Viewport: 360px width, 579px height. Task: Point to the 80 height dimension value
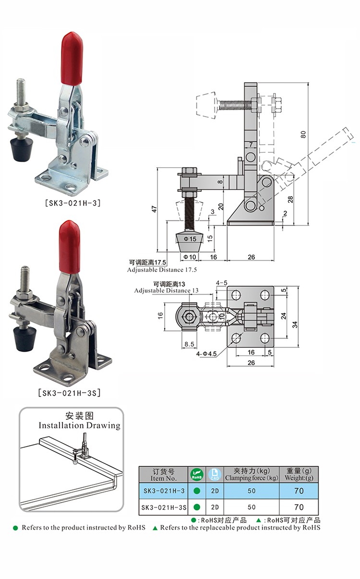pos(303,135)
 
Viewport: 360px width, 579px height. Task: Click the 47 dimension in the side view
pos(155,209)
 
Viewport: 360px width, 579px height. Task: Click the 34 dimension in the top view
pos(295,324)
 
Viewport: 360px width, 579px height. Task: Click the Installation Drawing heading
pos(79,425)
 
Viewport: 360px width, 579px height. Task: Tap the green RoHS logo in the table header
pos(196,475)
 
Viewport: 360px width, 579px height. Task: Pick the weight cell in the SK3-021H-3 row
pos(299,491)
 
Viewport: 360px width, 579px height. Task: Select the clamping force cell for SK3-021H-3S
pos(252,507)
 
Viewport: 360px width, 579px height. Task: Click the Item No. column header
pos(164,475)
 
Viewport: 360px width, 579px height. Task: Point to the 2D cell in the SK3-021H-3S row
pos(215,507)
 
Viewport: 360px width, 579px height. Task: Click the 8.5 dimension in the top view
pos(189,344)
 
